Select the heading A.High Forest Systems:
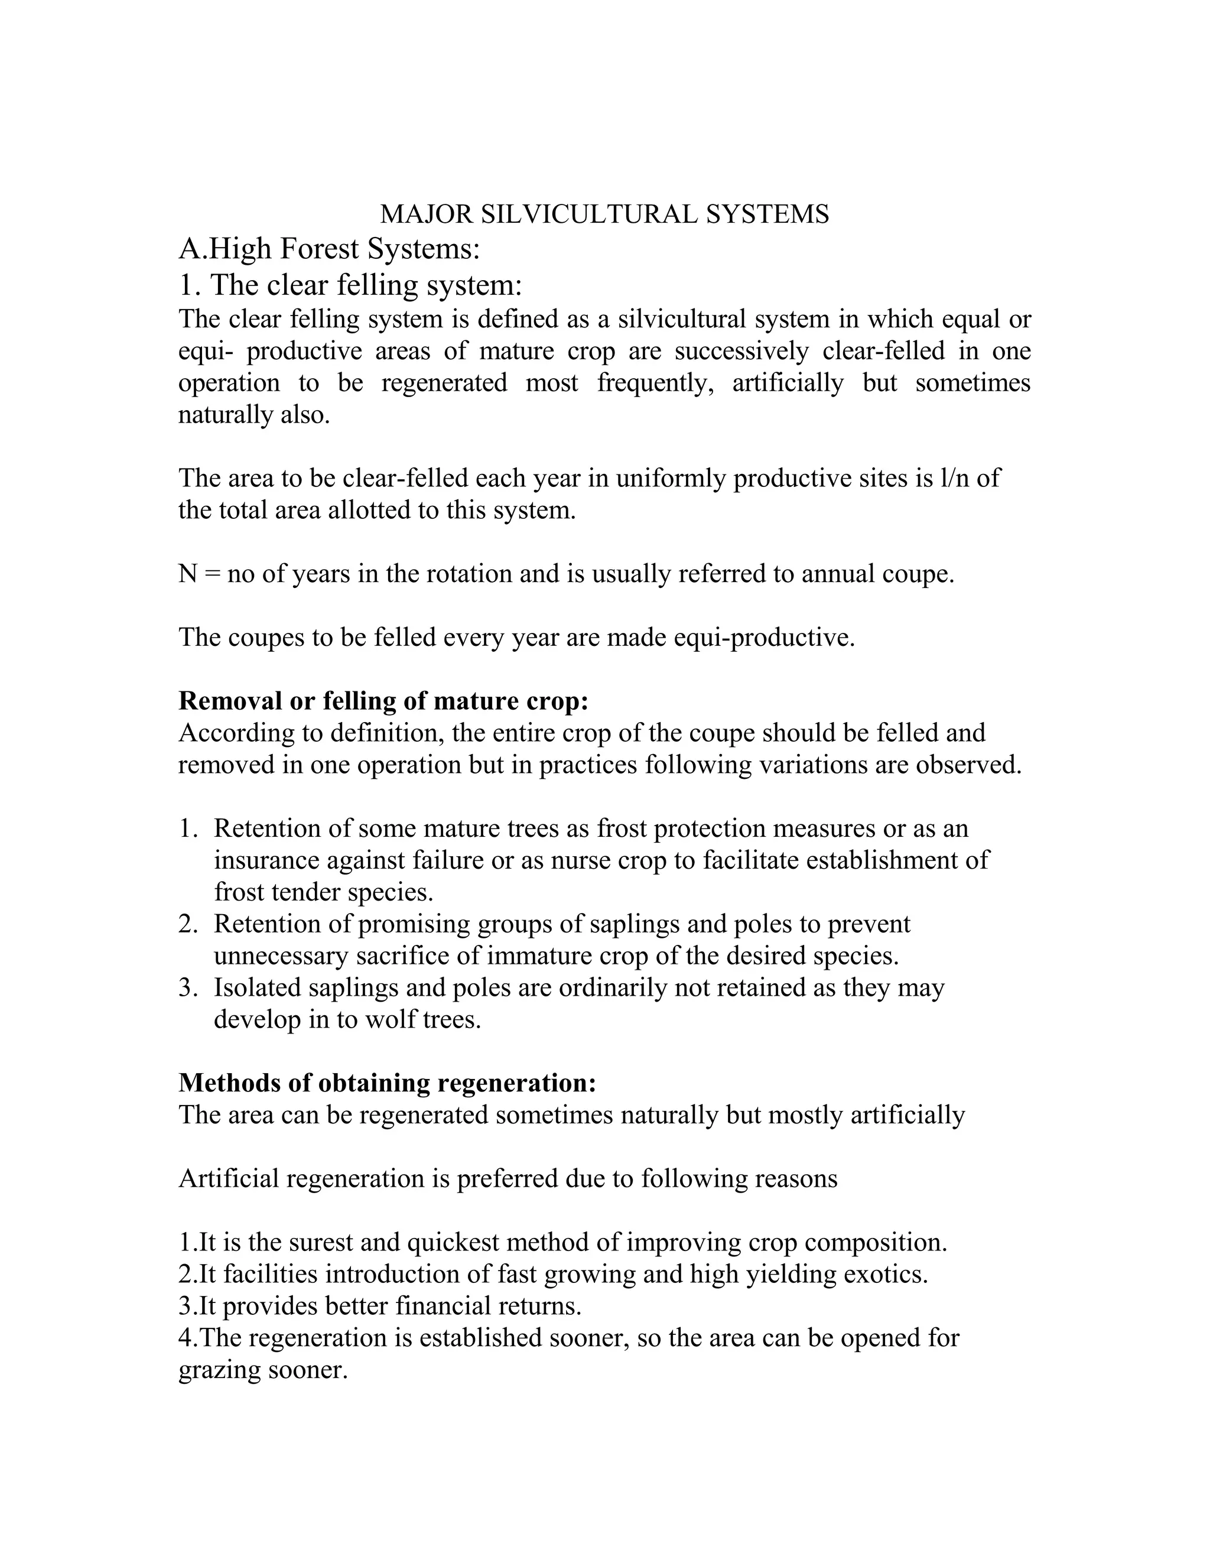pyautogui.click(x=328, y=249)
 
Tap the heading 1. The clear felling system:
pyautogui.click(x=350, y=285)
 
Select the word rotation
pyautogui.click(x=463, y=574)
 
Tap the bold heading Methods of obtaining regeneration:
pyautogui.click(x=387, y=1083)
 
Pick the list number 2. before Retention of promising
pyautogui.click(x=188, y=924)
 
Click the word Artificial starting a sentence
pyautogui.click(x=229, y=1179)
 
